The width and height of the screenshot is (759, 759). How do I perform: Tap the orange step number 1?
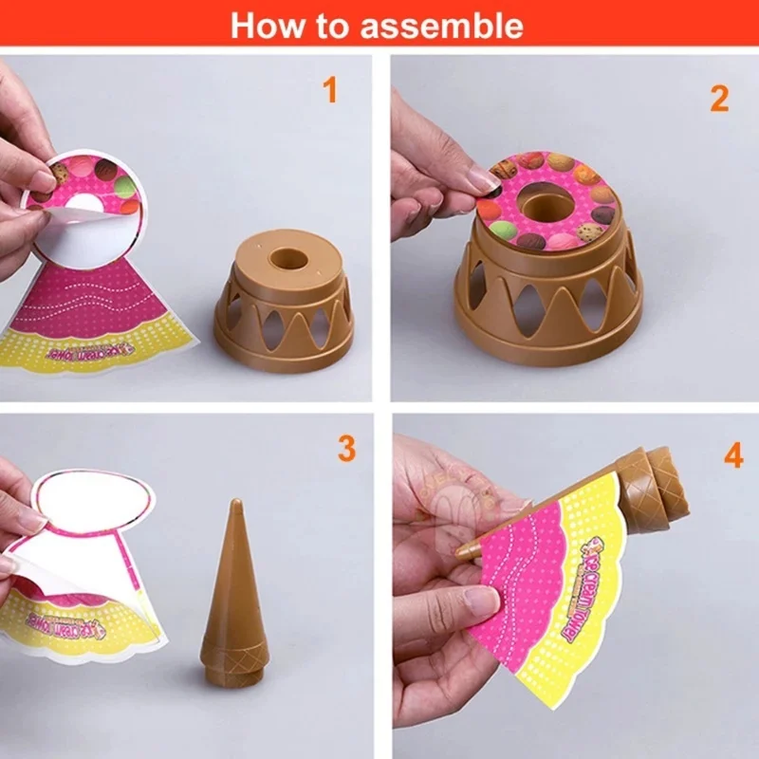click(x=330, y=91)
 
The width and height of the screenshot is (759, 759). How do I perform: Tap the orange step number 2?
click(x=719, y=98)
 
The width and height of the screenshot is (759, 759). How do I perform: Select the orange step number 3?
click(x=345, y=448)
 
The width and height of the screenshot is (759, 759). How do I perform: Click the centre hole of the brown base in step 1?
click(x=284, y=259)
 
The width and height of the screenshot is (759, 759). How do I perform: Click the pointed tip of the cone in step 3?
click(x=233, y=506)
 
